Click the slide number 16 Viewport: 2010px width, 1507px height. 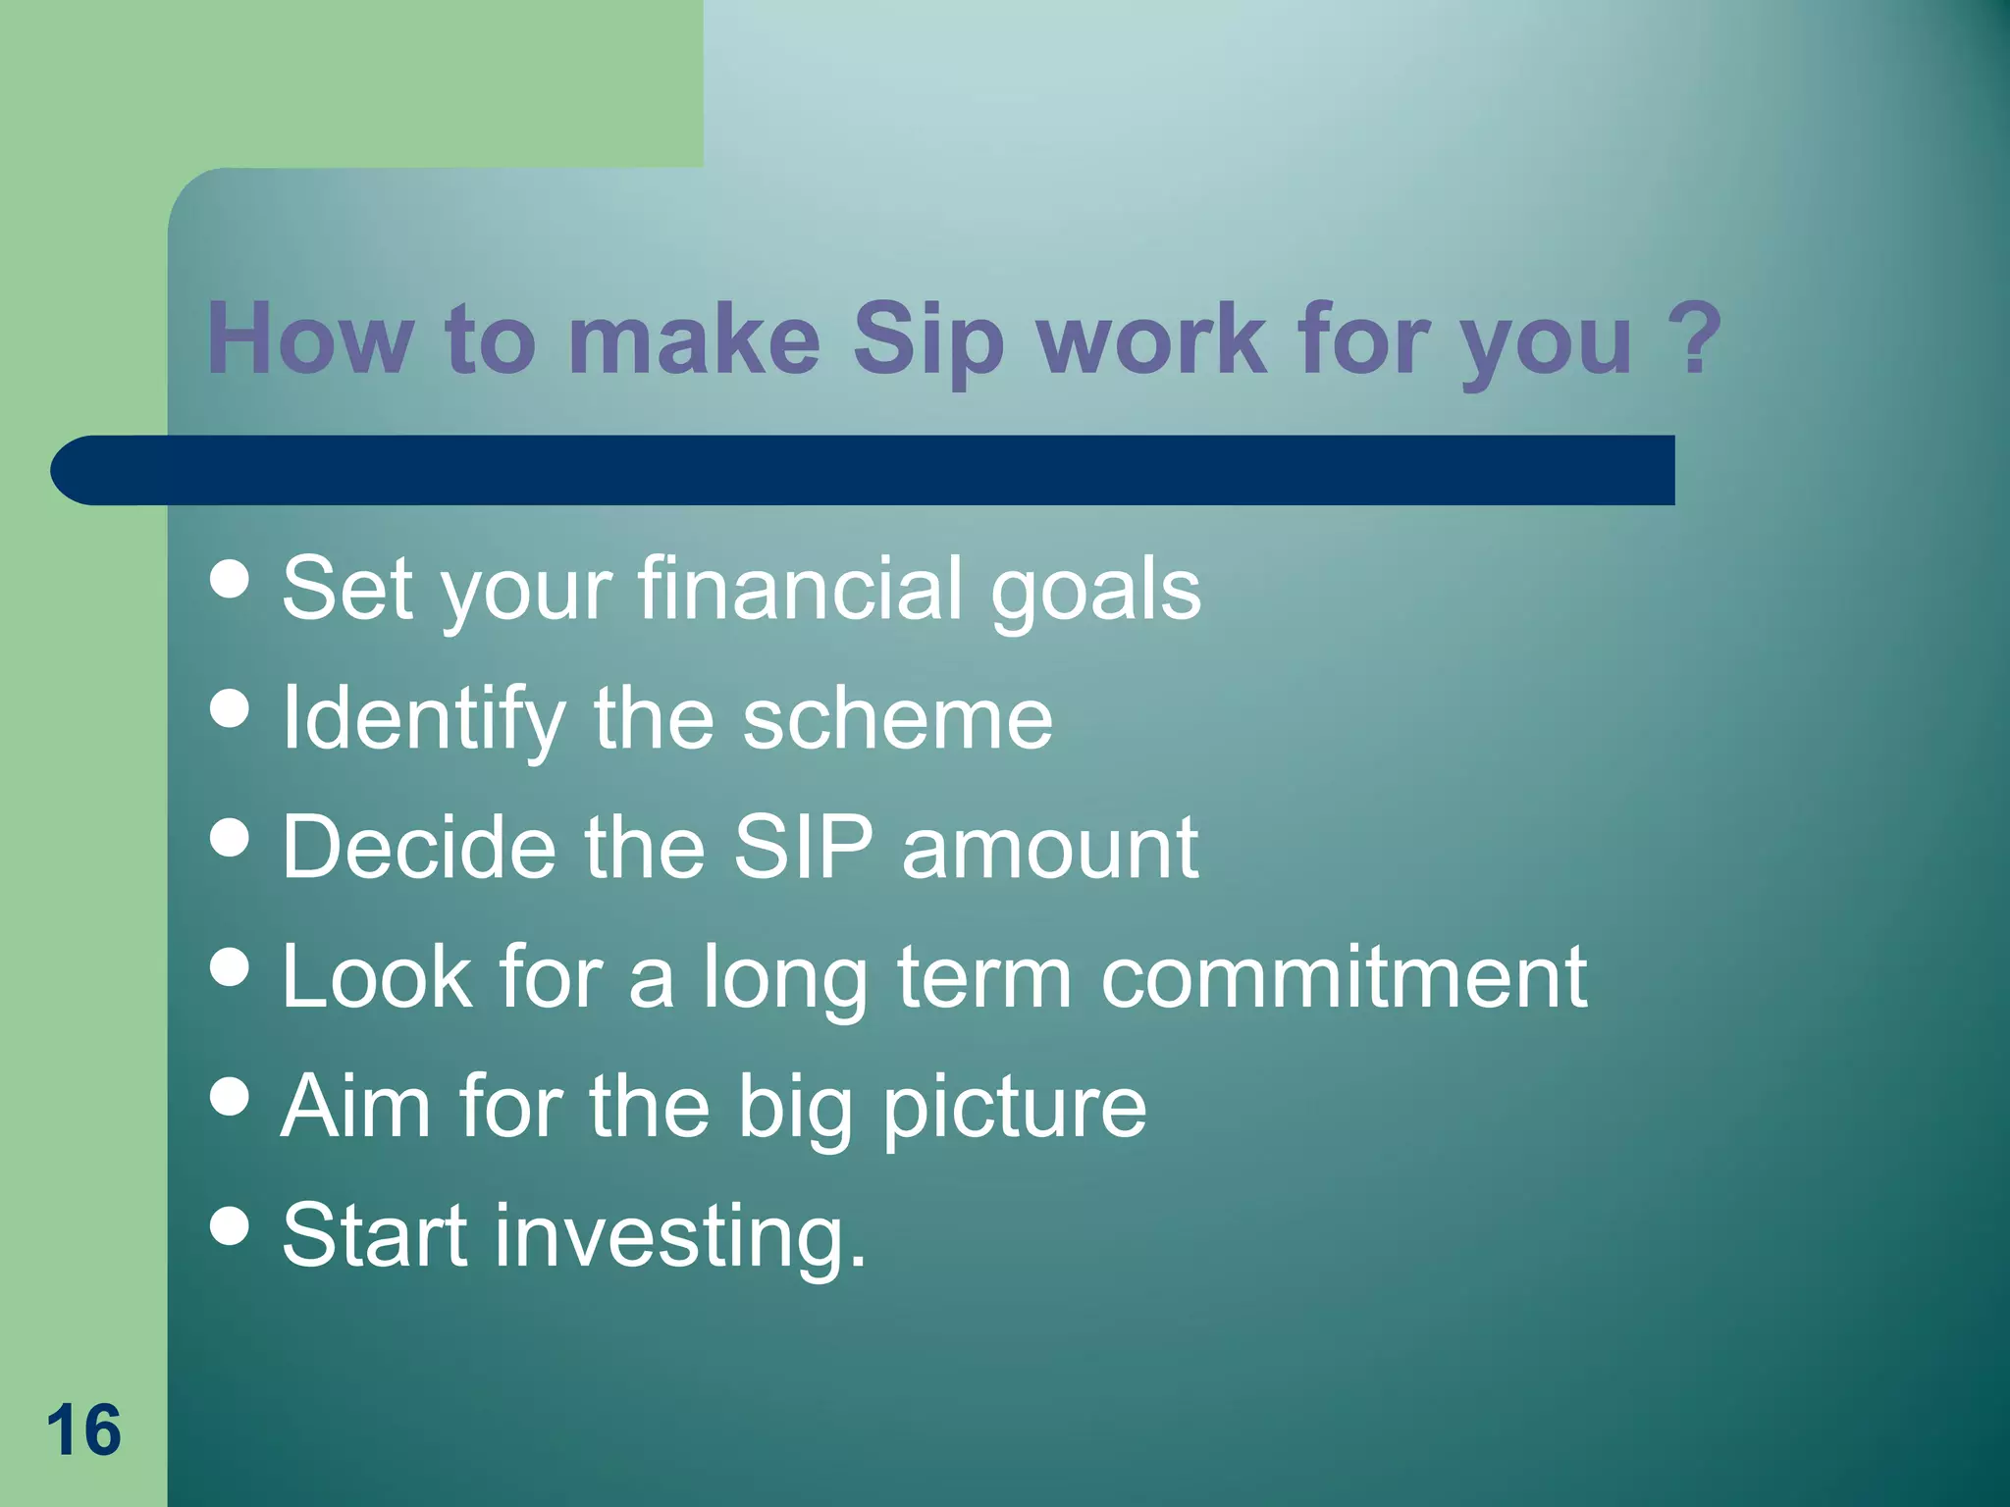click(83, 1430)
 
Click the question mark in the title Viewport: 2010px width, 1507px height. click(1694, 338)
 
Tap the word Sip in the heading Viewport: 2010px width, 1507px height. click(927, 339)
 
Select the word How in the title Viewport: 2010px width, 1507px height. click(309, 339)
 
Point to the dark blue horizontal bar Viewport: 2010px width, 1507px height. click(864, 470)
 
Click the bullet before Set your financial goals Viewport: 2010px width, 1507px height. click(230, 579)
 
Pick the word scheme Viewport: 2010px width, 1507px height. click(896, 719)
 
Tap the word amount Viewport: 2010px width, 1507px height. click(1049, 849)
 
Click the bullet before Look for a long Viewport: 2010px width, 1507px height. click(230, 966)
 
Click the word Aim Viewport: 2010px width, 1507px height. click(355, 1106)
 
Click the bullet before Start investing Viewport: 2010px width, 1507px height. click(230, 1225)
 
